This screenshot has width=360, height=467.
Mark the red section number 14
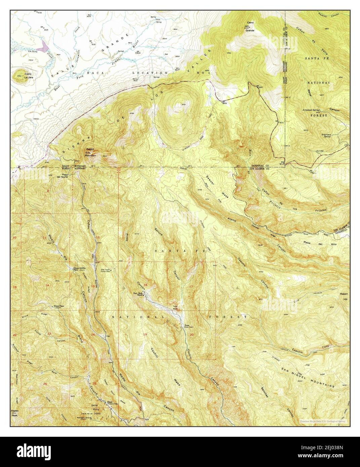[x=47, y=285]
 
